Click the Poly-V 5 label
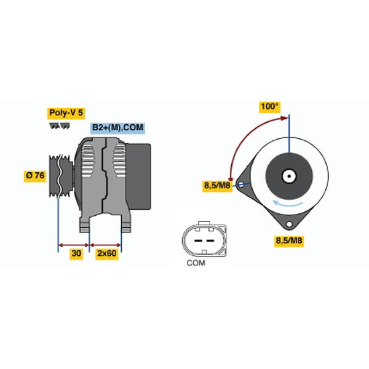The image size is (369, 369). (66, 113)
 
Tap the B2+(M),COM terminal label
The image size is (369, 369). (117, 128)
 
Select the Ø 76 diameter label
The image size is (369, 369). (35, 175)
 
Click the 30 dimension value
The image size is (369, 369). (76, 253)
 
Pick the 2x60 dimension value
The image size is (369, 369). (107, 253)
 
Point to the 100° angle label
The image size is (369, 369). (270, 106)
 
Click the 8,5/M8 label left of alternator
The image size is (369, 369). (217, 186)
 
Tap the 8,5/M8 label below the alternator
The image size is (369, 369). (289, 240)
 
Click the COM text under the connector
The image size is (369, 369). (196, 263)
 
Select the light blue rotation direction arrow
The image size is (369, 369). (287, 204)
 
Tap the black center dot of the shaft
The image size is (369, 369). (289, 176)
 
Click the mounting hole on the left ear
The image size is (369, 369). (241, 184)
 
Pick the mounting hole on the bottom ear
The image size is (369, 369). (289, 224)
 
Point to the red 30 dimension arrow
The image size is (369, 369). (73, 245)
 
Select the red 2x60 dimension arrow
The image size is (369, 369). (105, 245)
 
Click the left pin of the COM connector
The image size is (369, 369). (198, 240)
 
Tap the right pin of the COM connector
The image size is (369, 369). (210, 240)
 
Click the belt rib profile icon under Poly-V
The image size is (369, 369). (60, 126)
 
